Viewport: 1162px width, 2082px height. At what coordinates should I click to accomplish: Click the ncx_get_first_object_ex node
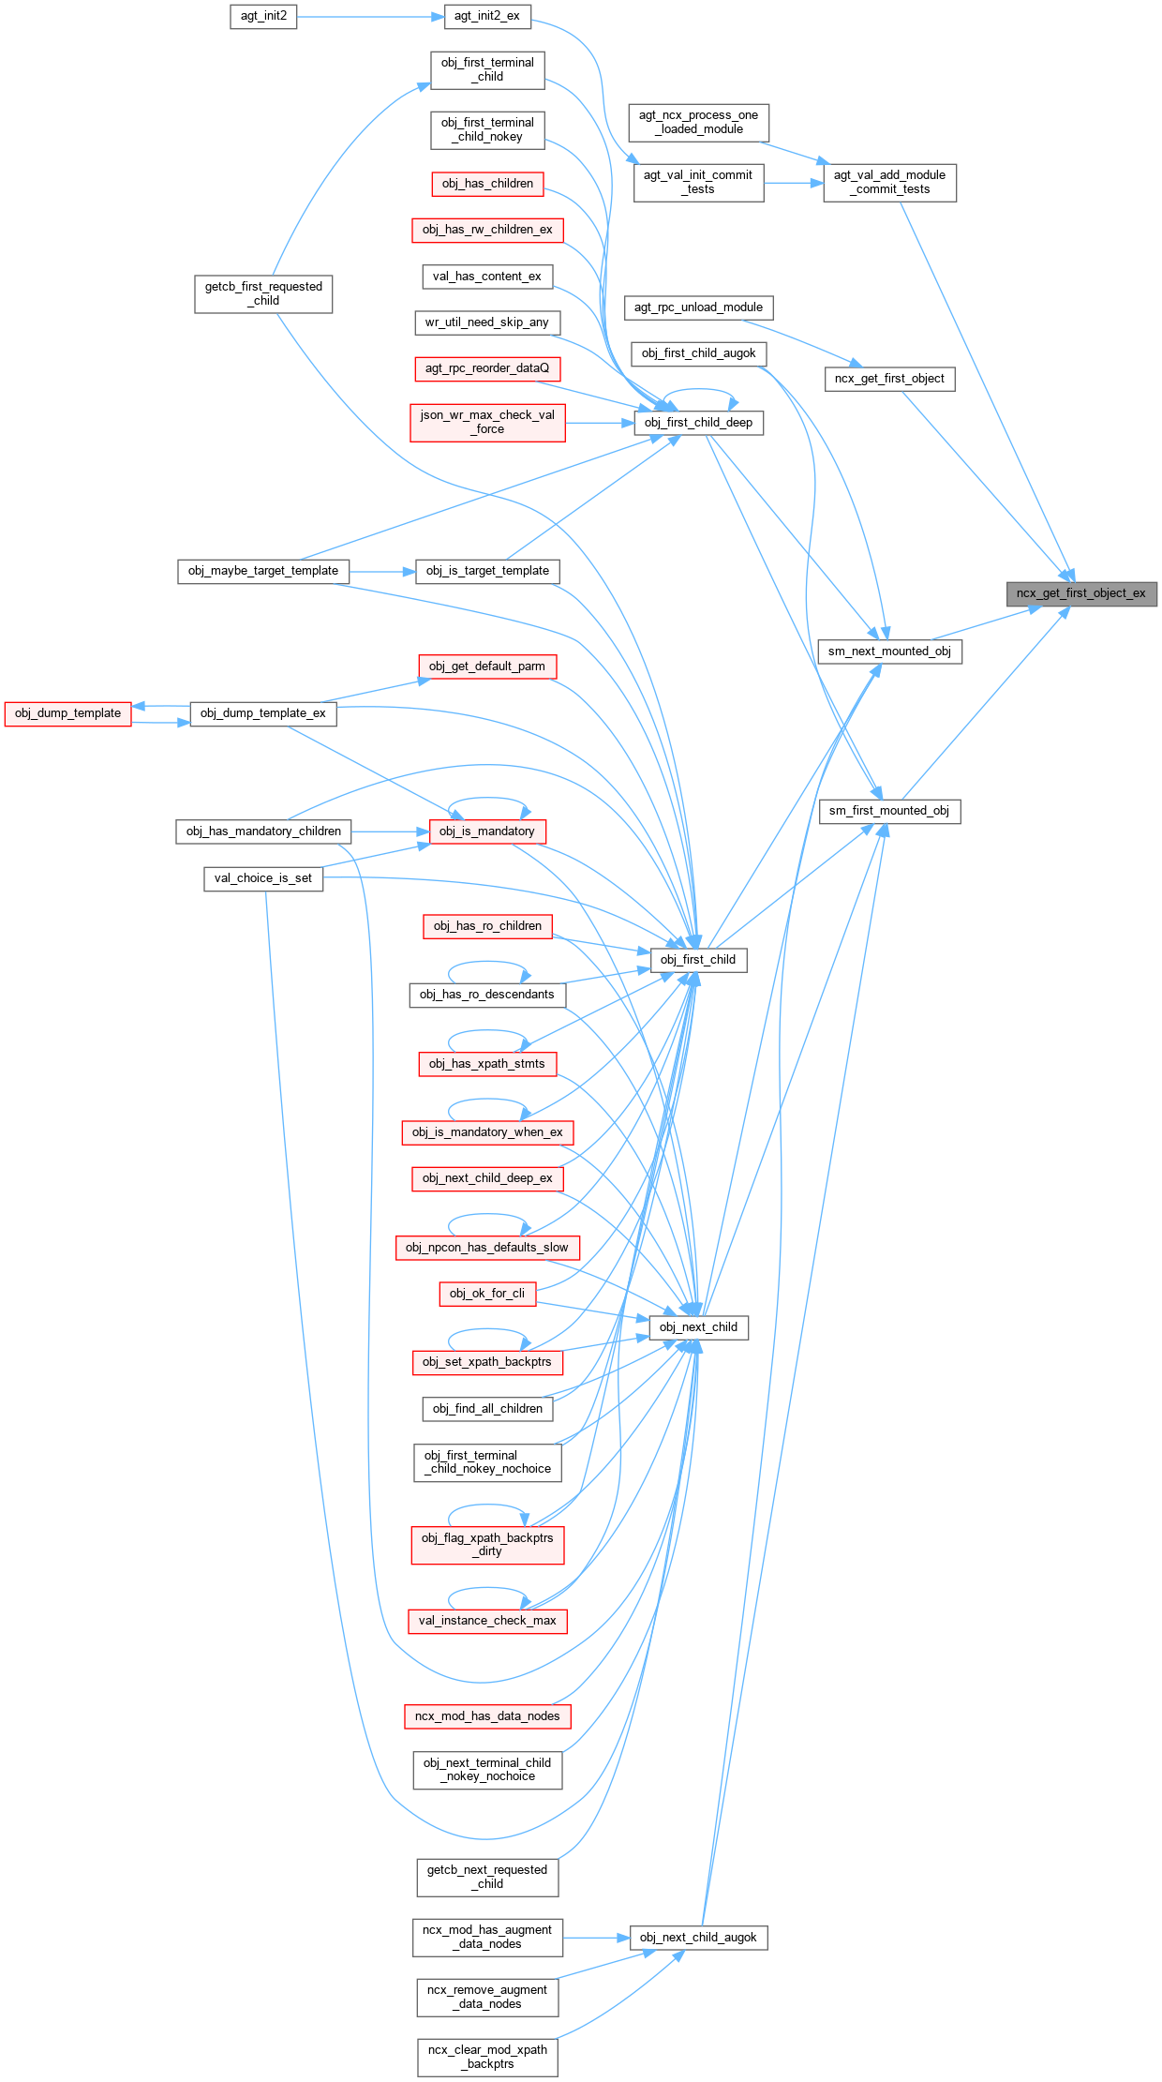(x=1081, y=593)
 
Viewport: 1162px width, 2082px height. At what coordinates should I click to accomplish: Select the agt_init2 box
(x=264, y=16)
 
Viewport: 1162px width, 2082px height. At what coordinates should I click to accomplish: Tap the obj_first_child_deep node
(x=698, y=423)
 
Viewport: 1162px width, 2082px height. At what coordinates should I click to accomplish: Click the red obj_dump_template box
(x=68, y=713)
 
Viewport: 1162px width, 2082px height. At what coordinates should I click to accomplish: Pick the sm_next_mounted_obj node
(x=889, y=652)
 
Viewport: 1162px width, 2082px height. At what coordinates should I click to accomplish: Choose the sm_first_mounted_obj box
(x=889, y=811)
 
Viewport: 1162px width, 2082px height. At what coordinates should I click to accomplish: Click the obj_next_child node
(x=698, y=1327)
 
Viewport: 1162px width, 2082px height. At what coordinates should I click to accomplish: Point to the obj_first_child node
(x=698, y=960)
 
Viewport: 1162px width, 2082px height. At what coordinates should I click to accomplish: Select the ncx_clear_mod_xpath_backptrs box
(x=487, y=2057)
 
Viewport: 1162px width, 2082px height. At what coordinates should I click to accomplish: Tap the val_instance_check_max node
(x=487, y=1621)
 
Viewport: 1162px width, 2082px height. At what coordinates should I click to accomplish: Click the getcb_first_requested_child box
(x=263, y=293)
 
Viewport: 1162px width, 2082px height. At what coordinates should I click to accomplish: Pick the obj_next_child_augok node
(x=698, y=1938)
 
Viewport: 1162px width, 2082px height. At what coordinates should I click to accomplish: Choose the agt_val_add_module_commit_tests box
(x=889, y=182)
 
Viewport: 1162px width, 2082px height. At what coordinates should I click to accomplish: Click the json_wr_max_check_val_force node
(x=487, y=422)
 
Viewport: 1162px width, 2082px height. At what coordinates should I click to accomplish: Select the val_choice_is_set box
(x=263, y=878)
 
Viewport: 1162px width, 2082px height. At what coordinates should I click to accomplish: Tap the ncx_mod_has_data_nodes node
(x=487, y=1716)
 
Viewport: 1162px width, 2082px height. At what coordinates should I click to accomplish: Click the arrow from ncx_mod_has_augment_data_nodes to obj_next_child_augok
(x=596, y=1938)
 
